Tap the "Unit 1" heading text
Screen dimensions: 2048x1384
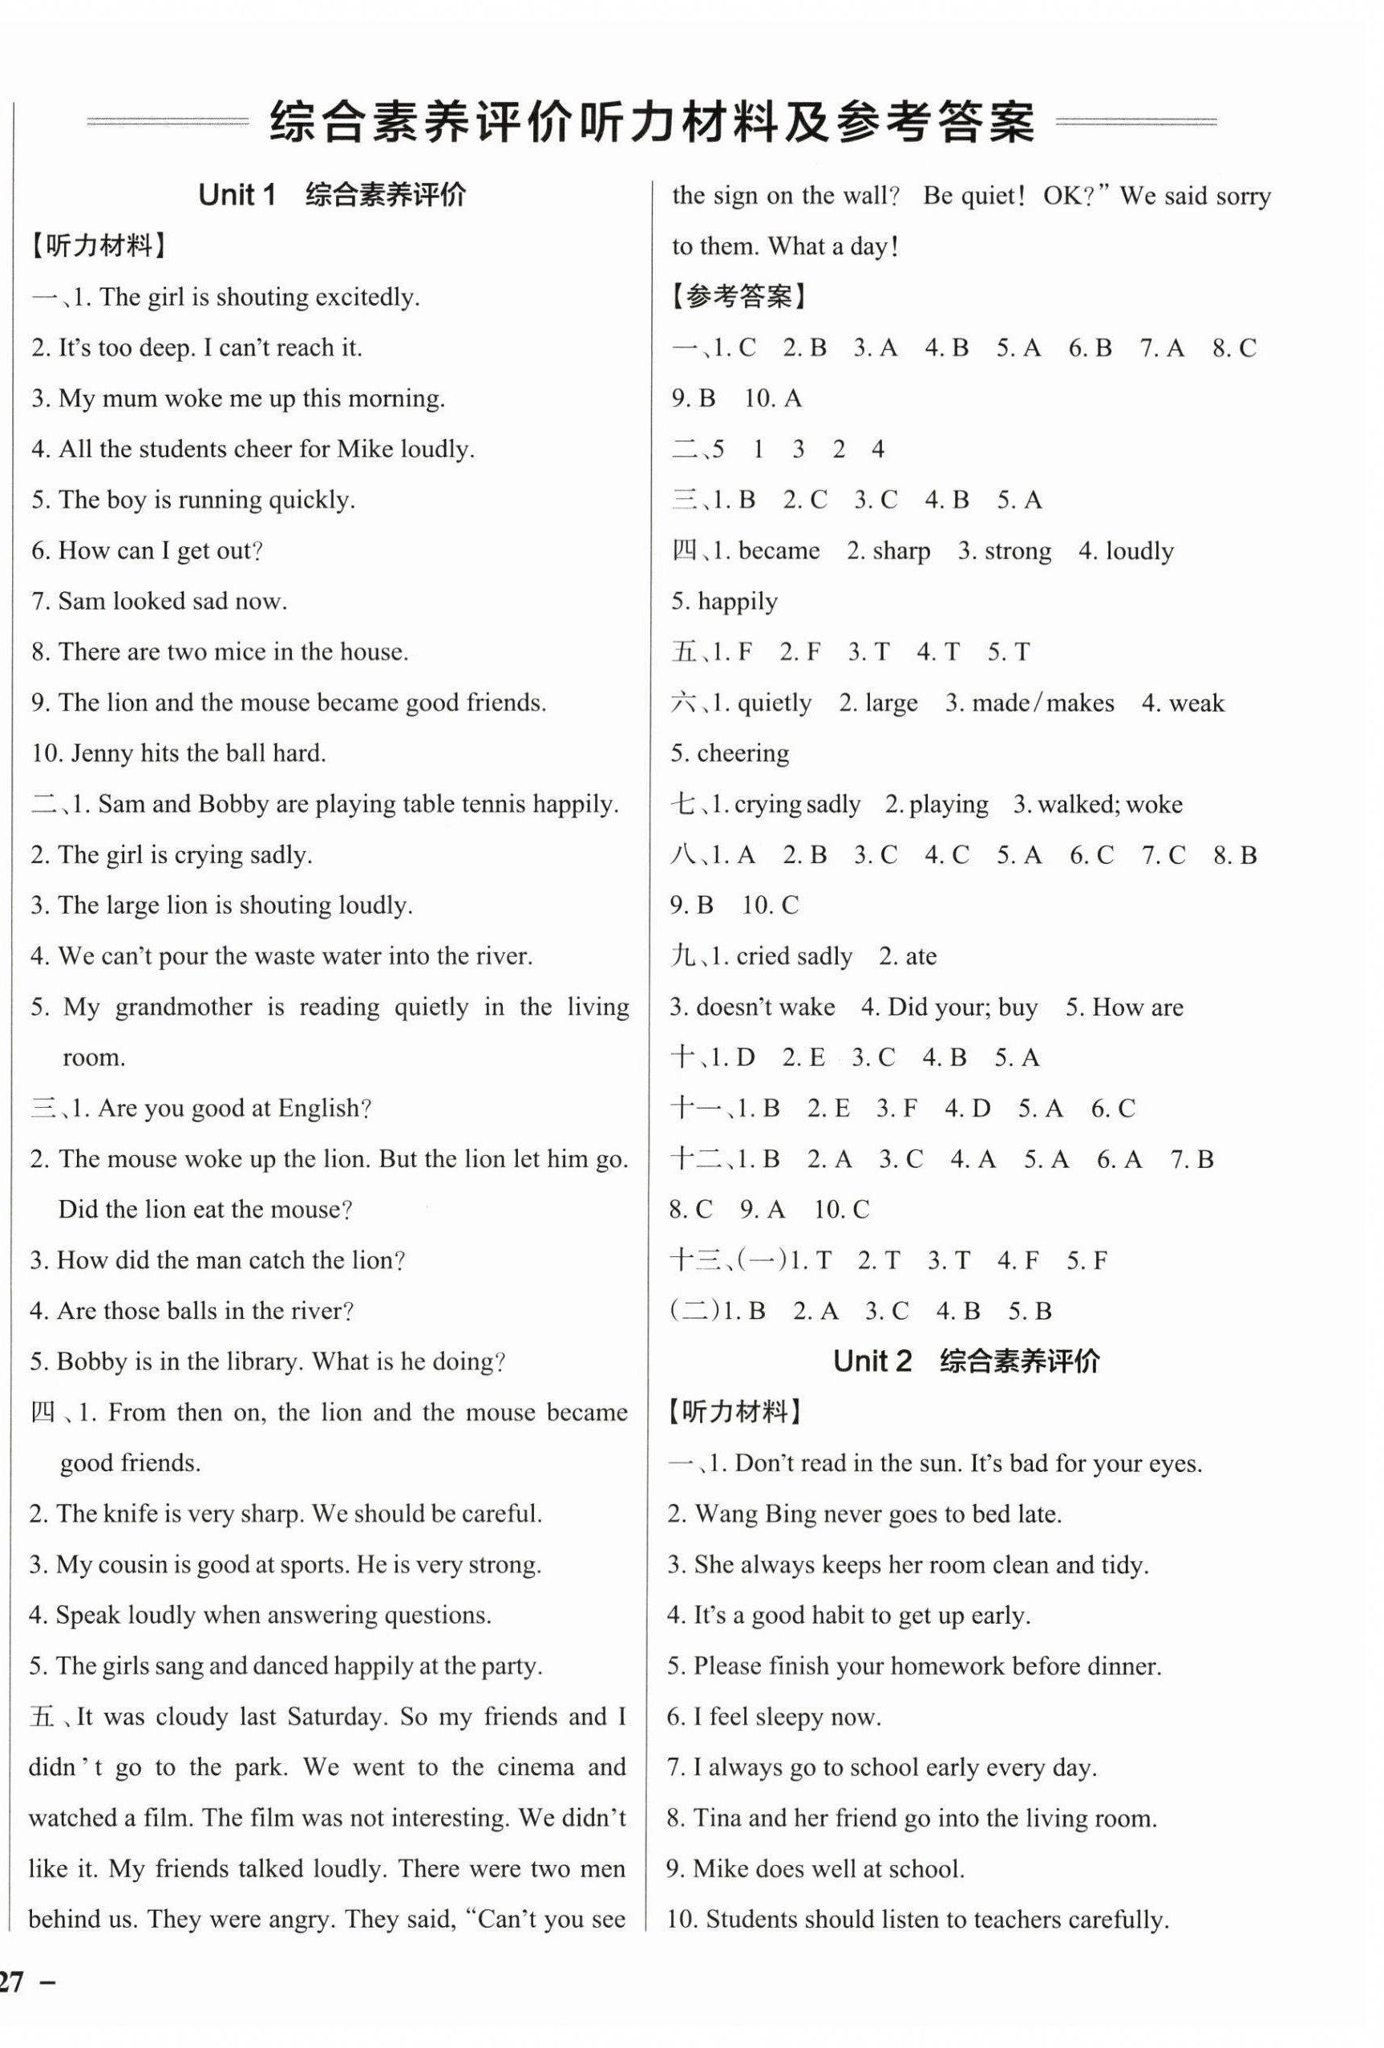[237, 195]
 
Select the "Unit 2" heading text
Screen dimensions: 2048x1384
[872, 1361]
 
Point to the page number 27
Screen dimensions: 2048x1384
[12, 1983]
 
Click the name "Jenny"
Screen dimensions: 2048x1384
[99, 753]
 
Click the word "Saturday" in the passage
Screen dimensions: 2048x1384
[338, 1717]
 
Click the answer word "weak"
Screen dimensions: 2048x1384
[1196, 704]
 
